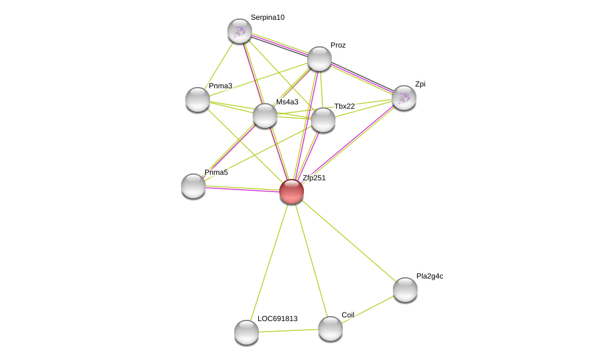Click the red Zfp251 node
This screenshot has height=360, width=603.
point(292,191)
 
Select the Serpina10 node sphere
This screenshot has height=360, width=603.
point(240,31)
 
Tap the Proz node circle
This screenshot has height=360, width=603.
point(319,59)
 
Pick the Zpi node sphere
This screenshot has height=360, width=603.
point(404,98)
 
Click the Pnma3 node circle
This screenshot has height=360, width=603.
point(198,99)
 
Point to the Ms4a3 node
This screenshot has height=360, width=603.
point(265,115)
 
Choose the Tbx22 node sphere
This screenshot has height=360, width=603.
point(323,120)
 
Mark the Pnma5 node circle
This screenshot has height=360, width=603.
point(193,186)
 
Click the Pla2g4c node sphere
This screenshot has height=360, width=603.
point(405,290)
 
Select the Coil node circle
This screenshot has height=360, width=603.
point(331,329)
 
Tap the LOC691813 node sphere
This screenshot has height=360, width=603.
point(247,332)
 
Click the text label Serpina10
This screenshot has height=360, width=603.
point(268,17)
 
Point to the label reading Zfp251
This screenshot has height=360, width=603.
point(314,178)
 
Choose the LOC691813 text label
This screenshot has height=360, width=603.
point(277,319)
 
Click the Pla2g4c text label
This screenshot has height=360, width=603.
point(429,276)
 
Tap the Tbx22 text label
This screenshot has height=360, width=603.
point(344,106)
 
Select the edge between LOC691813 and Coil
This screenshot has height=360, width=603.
point(289,330)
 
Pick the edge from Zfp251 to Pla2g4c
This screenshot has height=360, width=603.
point(348,241)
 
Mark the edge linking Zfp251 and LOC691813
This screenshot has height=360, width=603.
point(269,262)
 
